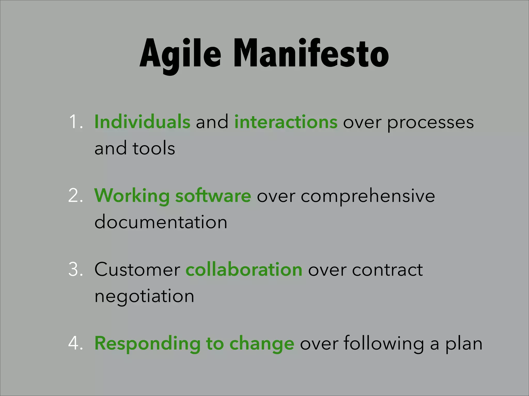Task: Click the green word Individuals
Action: tap(142, 122)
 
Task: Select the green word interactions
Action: tap(286, 122)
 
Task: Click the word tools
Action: tap(154, 148)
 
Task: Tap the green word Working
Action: tap(132, 196)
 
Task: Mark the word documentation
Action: tap(161, 222)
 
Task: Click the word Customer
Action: tap(137, 270)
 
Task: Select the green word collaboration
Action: tap(244, 269)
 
